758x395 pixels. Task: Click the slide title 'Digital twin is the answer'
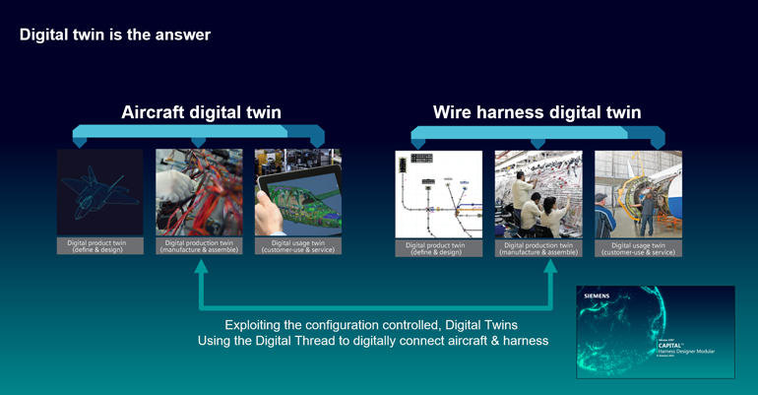point(115,35)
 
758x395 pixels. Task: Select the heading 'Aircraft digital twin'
point(201,112)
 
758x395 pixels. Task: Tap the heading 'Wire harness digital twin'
point(537,112)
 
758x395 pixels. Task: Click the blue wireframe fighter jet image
point(99,193)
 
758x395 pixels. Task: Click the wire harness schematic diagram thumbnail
point(438,194)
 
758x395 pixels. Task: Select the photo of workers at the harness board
point(537,194)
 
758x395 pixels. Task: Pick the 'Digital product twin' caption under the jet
point(99,247)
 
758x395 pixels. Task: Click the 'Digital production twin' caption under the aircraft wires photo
point(199,247)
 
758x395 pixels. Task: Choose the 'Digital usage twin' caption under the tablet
point(298,247)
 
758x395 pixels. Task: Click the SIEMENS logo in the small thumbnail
point(598,296)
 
